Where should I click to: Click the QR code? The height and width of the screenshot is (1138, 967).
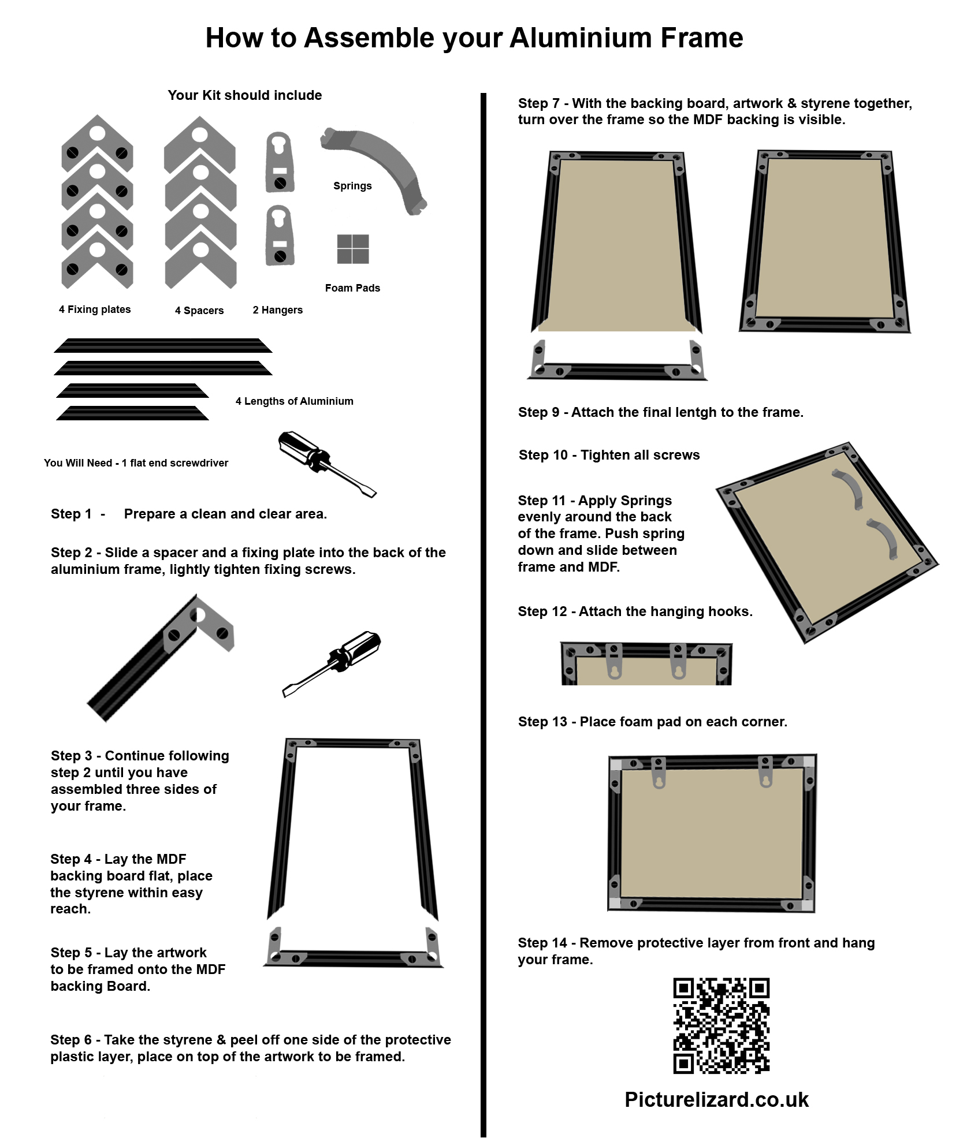pos(721,1025)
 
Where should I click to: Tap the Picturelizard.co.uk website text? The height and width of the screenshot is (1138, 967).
pos(716,1100)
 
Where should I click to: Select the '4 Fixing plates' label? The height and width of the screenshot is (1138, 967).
pos(95,309)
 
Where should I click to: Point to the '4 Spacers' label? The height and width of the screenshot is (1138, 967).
pos(199,311)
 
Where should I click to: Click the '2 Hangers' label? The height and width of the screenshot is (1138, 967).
pos(277,310)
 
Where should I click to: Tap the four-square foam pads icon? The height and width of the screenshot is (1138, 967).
pos(353,249)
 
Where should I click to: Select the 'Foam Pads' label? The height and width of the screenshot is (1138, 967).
pos(352,288)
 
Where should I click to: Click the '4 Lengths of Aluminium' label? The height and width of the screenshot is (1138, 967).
pos(294,401)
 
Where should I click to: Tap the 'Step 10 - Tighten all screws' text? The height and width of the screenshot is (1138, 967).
pos(609,455)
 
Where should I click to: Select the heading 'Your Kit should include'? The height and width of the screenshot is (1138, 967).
pos(244,95)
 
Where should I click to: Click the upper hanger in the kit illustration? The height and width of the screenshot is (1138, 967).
pos(280,162)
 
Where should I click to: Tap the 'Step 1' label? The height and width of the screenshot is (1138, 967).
pos(71,514)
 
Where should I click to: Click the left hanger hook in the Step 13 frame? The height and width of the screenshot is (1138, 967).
pos(659,773)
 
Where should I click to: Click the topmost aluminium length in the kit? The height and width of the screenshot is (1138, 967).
pos(163,345)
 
